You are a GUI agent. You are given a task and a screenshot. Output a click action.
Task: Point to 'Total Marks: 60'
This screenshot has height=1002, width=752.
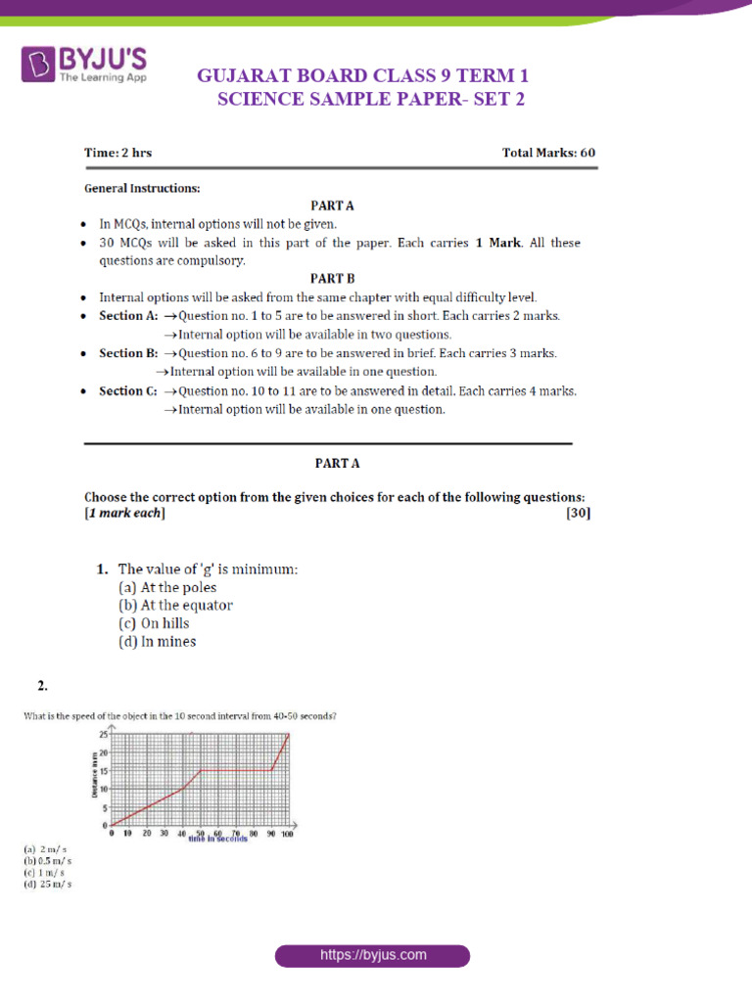pos(548,153)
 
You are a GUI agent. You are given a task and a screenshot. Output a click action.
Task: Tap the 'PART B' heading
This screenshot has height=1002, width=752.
pos(332,279)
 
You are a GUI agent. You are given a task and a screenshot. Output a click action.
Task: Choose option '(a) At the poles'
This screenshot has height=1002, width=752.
pos(167,587)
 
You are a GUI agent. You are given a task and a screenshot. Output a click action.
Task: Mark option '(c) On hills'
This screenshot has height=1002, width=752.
pos(155,623)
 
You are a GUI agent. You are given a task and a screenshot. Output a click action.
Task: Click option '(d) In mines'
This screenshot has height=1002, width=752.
pos(158,642)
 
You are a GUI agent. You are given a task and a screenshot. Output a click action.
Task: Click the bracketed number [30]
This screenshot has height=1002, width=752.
pos(579,513)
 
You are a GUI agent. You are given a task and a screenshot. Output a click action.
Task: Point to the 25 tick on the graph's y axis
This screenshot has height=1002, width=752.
pos(103,734)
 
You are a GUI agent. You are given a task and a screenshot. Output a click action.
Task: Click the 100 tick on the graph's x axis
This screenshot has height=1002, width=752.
pos(287,834)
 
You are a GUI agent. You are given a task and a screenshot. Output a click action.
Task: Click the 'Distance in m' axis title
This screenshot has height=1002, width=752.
pos(95,780)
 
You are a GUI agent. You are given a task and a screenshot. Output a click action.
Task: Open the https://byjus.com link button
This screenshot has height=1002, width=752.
pos(373,956)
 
